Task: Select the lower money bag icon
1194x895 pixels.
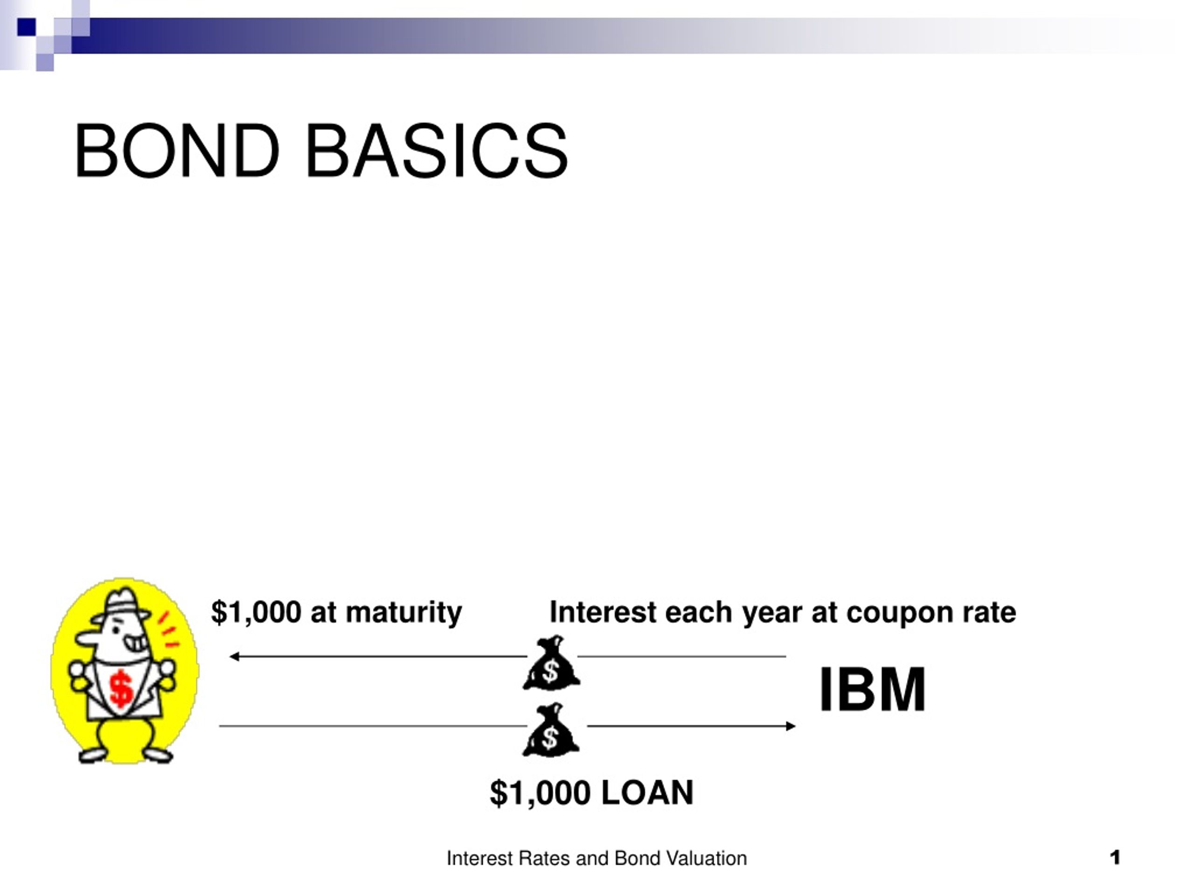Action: [551, 730]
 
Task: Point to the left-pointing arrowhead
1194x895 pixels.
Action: [235, 656]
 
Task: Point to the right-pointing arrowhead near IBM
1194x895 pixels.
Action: [790, 726]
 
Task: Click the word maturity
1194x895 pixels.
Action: [404, 613]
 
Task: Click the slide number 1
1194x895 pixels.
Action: [1115, 857]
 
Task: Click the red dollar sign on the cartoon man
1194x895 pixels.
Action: [121, 690]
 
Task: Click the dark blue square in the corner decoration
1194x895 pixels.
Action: [27, 27]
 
